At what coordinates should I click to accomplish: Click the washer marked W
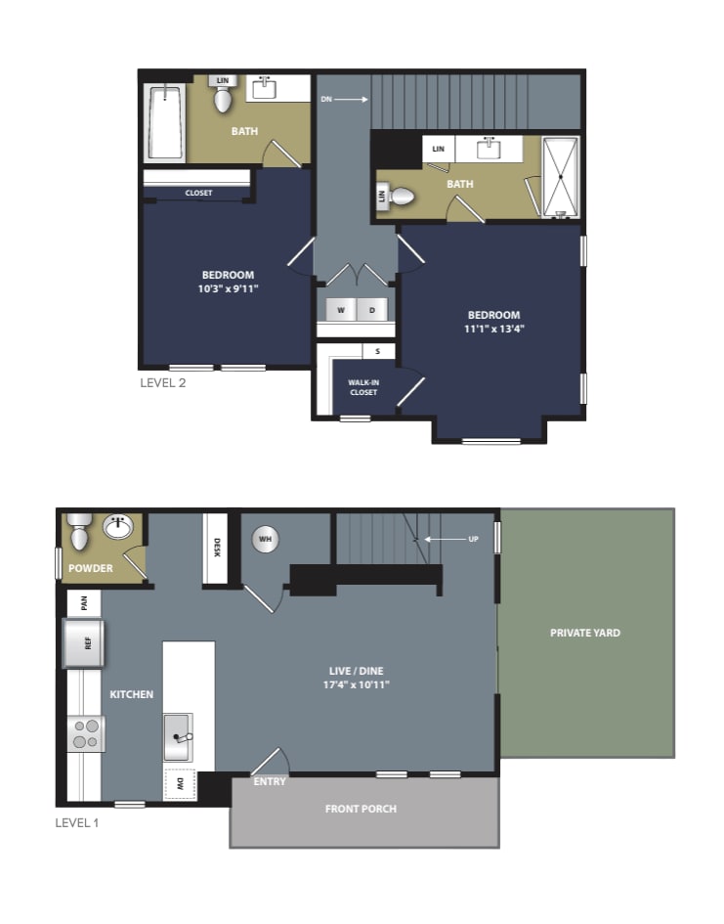coord(341,310)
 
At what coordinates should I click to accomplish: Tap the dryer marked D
coord(372,310)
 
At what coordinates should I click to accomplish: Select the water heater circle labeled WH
coord(266,539)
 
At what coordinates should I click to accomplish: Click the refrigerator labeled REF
coord(84,643)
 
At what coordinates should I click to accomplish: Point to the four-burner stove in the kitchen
coord(86,733)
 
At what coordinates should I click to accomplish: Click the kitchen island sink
coord(179,736)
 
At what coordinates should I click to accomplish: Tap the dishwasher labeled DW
coord(180,784)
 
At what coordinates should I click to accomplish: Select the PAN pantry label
coord(84,603)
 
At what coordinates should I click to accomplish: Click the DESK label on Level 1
coord(216,548)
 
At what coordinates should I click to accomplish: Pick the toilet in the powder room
coord(78,532)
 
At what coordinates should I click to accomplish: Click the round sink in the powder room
coord(118,526)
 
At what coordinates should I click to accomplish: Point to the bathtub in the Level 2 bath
coord(165,122)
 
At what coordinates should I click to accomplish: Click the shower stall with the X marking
coord(561,177)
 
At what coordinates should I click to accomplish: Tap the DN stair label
coord(326,99)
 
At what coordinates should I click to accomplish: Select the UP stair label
coord(473,539)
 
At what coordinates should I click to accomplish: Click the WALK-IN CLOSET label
coord(363,387)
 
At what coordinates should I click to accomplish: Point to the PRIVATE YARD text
coord(585,633)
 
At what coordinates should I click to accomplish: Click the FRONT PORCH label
coord(361,809)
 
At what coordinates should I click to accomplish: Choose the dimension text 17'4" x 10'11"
coord(356,684)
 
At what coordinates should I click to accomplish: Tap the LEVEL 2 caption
coord(163,383)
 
